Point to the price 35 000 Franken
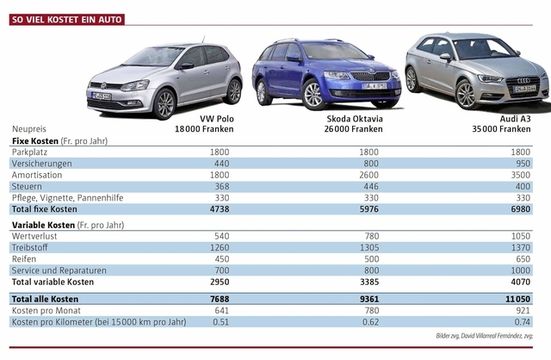[507, 128]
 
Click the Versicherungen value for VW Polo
[220, 163]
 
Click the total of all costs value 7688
[218, 298]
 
